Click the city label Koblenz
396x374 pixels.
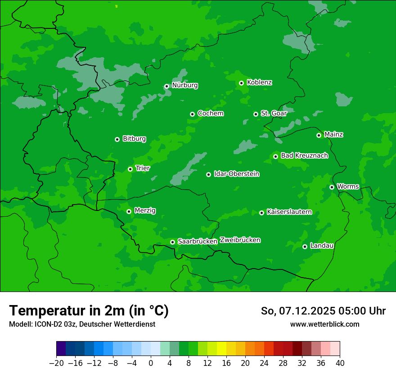[259, 82]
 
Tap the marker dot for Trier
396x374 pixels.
[130, 169]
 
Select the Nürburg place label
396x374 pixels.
[184, 85]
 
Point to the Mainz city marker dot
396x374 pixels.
[319, 135]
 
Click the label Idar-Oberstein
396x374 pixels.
[236, 174]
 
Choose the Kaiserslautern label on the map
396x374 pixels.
[289, 212]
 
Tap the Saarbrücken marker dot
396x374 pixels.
[172, 242]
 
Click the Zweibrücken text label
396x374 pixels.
[240, 240]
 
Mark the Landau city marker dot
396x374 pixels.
[305, 246]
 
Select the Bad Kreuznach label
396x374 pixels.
[304, 155]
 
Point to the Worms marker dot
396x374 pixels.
[332, 187]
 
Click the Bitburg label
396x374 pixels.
[134, 139]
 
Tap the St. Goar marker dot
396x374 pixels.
[256, 114]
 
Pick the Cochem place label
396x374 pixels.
[210, 113]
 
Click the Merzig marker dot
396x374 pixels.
[129, 211]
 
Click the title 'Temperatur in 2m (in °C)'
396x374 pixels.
[89, 310]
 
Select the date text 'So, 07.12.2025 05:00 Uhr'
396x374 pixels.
[323, 311]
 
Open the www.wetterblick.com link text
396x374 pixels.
[324, 324]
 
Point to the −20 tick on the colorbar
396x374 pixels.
[57, 363]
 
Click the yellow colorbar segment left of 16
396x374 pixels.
[221, 349]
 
